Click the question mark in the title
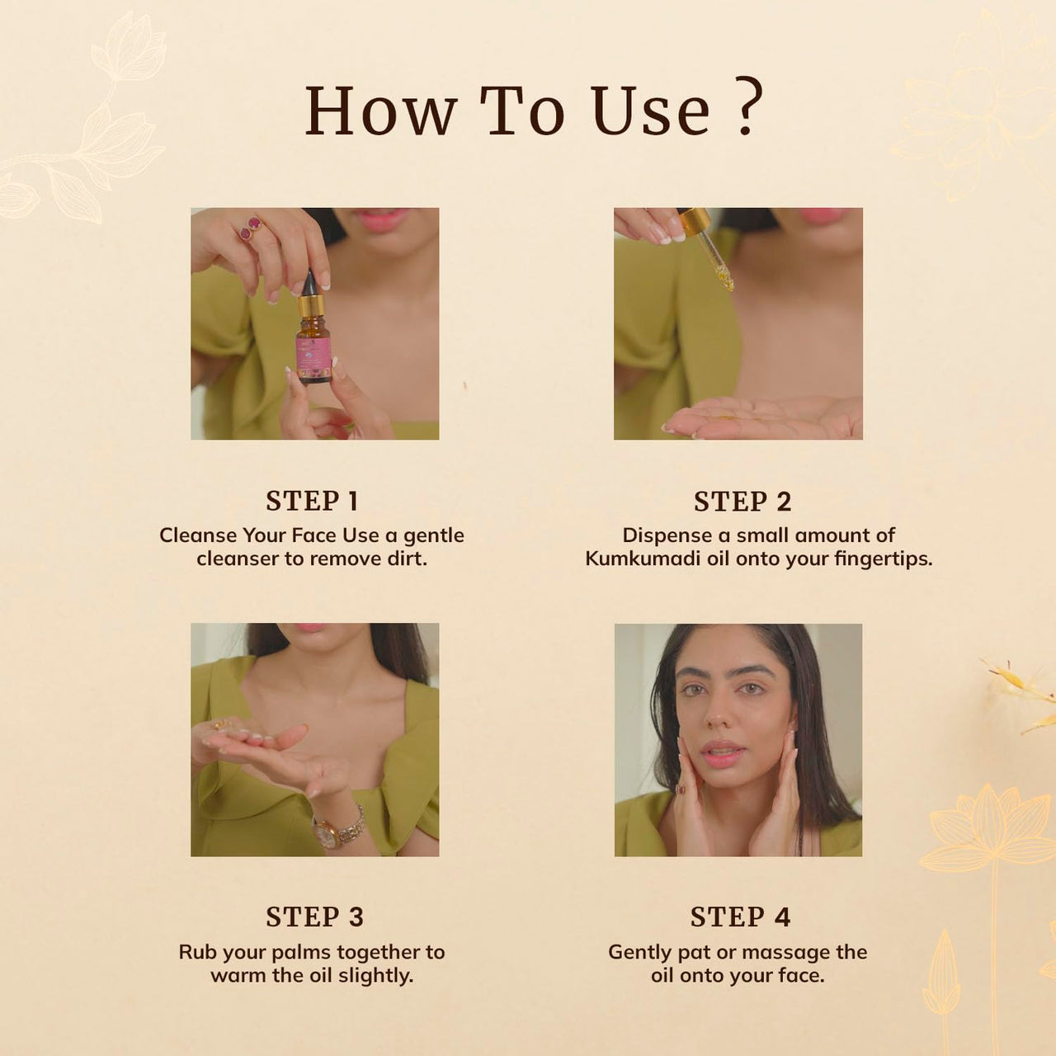747,109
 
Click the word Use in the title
651,111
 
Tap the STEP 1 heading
312,501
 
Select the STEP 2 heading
742,502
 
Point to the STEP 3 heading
314,917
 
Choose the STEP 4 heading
740,917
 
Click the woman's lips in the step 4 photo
722,752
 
